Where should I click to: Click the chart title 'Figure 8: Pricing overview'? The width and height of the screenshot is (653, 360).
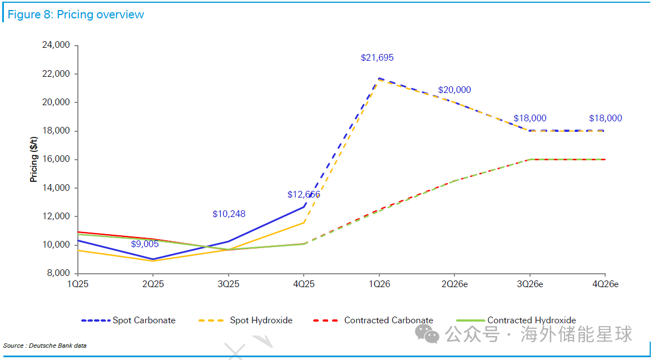76,14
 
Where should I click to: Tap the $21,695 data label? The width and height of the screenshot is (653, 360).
377,57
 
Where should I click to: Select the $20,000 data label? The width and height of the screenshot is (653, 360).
454,90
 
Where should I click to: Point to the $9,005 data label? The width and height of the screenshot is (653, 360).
145,244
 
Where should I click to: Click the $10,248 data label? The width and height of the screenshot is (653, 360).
229,214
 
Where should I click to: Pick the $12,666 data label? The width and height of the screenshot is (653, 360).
304,195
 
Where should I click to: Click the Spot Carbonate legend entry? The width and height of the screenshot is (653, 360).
128,320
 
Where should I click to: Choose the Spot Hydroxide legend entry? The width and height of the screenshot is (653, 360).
245,320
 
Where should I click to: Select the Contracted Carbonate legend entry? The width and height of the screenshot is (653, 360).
373,320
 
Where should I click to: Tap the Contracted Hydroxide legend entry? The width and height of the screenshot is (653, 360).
516,320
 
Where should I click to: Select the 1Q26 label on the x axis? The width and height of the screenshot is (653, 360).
379,284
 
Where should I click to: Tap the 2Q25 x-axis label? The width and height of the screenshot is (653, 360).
153,284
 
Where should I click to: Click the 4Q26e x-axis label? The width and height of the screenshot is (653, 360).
605,284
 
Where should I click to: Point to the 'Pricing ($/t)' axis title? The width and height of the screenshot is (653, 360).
34,160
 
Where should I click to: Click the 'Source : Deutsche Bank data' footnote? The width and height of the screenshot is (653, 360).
45,346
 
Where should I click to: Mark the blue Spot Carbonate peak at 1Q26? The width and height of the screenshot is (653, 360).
379,78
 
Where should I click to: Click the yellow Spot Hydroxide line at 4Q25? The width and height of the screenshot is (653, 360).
304,223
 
